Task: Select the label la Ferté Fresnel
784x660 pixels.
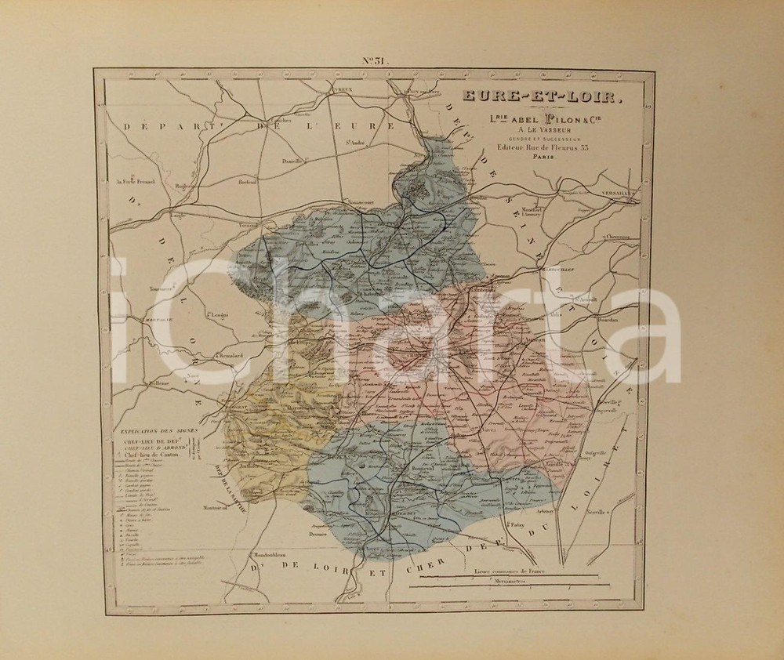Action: tap(136, 181)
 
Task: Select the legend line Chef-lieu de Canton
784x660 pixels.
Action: tap(154, 454)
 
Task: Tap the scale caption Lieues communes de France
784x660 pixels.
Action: tap(514, 572)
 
